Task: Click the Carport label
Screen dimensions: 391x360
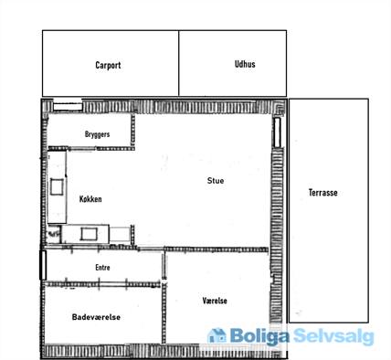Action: (108, 66)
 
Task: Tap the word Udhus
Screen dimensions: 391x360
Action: (245, 64)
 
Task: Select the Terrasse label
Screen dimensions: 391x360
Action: (322, 193)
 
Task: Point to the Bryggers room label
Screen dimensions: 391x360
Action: (97, 134)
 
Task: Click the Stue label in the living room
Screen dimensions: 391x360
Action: (216, 181)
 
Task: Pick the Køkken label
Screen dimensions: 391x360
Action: (90, 199)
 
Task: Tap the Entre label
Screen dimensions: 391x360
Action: (102, 268)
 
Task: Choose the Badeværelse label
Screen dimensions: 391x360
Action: (96, 317)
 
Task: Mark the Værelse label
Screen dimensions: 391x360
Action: (215, 301)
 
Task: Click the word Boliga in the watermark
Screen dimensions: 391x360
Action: (259, 336)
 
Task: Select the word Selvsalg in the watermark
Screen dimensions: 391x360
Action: (333, 336)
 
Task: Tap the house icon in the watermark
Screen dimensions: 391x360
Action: (217, 335)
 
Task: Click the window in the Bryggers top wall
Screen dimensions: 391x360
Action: (68, 107)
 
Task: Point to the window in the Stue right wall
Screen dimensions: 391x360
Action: (277, 132)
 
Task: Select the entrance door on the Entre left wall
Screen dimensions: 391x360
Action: (43, 265)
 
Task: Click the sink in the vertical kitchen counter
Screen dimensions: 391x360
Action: (57, 186)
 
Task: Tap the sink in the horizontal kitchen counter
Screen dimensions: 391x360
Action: (89, 234)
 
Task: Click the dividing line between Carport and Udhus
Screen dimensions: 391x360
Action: (179, 63)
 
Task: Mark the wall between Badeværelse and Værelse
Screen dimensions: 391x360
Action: (164, 313)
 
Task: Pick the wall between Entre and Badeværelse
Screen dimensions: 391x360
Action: (102, 284)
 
